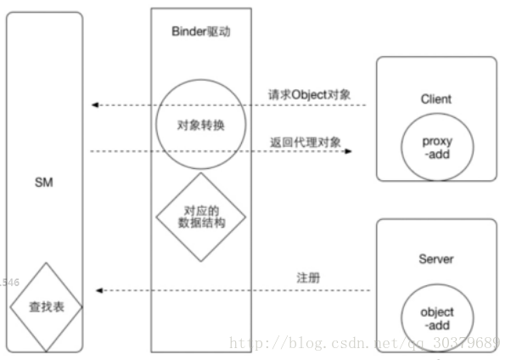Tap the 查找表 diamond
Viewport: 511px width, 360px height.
(x=45, y=305)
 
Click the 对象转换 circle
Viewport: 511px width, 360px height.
(x=200, y=125)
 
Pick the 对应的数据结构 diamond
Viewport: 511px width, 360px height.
(x=201, y=216)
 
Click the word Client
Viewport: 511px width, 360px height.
(x=435, y=98)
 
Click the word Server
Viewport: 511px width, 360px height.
(x=436, y=259)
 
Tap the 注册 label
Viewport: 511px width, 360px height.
(x=308, y=278)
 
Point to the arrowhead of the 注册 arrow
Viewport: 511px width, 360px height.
(x=99, y=290)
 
